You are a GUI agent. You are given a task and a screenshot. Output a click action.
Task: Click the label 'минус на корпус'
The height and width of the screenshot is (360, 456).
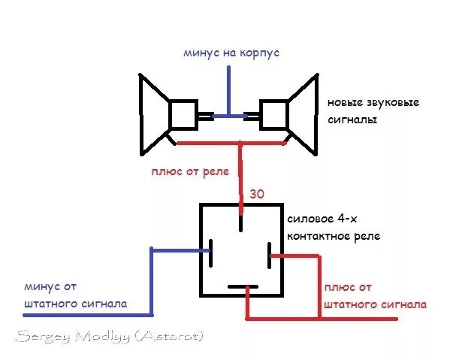(231, 53)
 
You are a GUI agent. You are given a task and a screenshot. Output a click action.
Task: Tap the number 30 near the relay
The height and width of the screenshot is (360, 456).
(257, 194)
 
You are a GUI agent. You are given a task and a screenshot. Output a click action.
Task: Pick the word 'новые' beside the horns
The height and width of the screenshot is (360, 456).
(343, 102)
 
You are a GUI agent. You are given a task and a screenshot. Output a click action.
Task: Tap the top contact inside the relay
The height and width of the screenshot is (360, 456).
(240, 222)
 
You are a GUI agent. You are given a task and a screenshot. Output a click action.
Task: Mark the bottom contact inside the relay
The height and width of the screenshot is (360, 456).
(241, 286)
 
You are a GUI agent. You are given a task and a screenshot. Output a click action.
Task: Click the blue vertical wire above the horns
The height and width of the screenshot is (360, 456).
(231, 90)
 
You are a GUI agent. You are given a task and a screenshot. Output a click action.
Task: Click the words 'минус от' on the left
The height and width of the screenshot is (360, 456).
(50, 286)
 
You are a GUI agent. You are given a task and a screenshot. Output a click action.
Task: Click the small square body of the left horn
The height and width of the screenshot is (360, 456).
(182, 114)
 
